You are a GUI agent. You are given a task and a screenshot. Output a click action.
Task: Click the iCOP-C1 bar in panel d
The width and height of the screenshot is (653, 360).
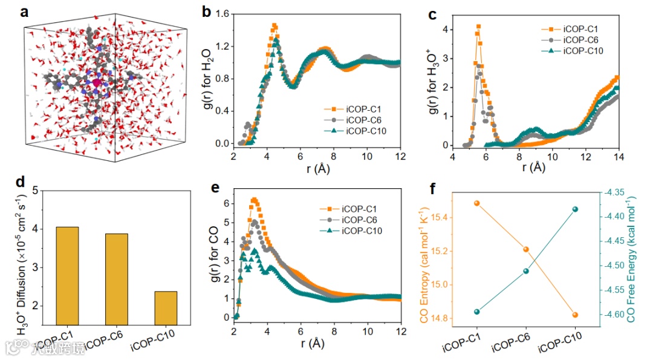(x=67, y=276)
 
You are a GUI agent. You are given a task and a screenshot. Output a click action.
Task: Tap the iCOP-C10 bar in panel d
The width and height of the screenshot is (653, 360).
(x=166, y=308)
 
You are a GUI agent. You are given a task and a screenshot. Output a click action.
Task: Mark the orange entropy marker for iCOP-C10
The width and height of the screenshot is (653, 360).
(x=575, y=315)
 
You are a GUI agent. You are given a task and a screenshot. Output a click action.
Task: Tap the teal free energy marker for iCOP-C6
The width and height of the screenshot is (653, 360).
(x=526, y=271)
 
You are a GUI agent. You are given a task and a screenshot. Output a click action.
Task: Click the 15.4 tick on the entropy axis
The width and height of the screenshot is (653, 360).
(x=456, y=217)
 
